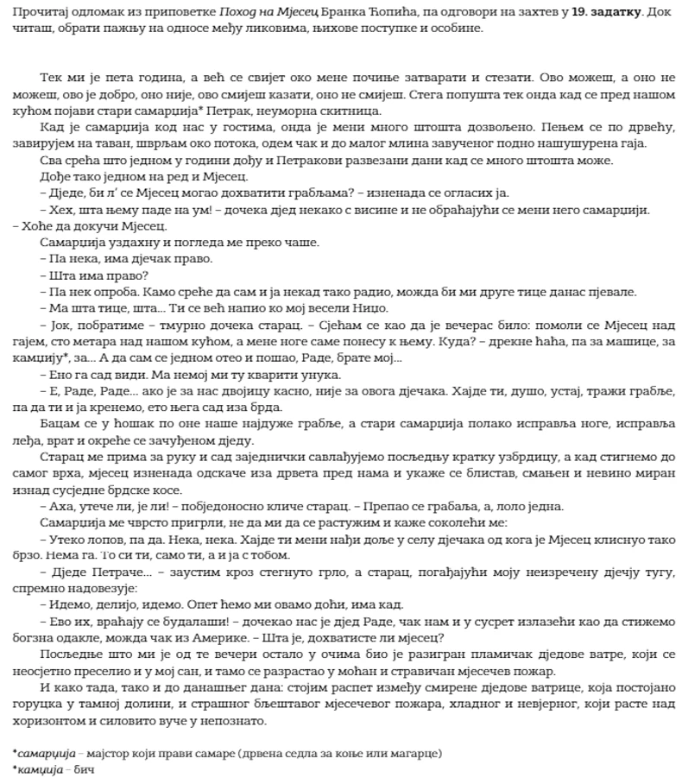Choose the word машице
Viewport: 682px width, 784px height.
pyautogui.click(x=609, y=342)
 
